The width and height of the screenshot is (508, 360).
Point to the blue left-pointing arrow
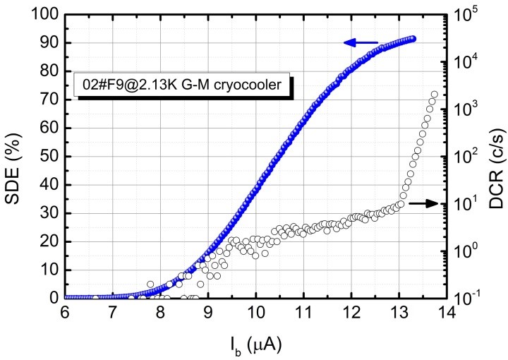coord(361,43)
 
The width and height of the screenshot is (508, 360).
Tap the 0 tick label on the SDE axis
coord(54,298)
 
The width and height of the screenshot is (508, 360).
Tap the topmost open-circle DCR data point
coord(434,95)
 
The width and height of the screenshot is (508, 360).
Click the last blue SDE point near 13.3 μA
coord(413,39)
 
